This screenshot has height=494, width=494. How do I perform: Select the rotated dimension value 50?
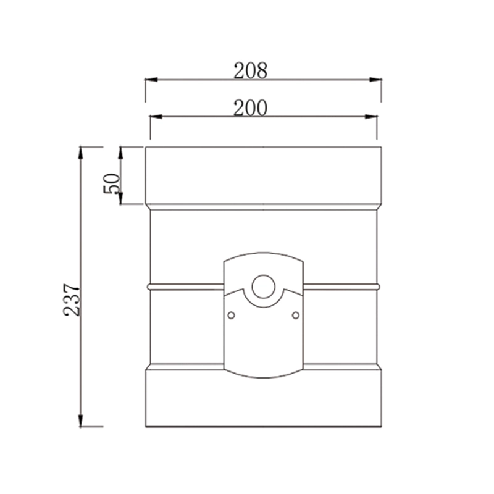(112, 183)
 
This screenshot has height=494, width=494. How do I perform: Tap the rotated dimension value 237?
(73, 299)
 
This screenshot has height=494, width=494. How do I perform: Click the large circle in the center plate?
(263, 287)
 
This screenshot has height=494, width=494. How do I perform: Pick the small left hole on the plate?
(231, 316)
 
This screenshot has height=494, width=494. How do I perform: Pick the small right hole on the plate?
(295, 316)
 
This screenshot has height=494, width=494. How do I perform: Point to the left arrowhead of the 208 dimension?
(151, 80)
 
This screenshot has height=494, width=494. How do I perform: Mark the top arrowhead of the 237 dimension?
(81, 152)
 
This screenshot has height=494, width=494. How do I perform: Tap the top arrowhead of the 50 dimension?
(122, 152)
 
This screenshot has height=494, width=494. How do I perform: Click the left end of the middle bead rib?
(148, 287)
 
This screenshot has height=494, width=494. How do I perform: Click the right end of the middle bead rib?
(378, 287)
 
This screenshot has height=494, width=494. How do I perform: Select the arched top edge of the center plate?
(263, 253)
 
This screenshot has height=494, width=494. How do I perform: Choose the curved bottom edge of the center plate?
(263, 376)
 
